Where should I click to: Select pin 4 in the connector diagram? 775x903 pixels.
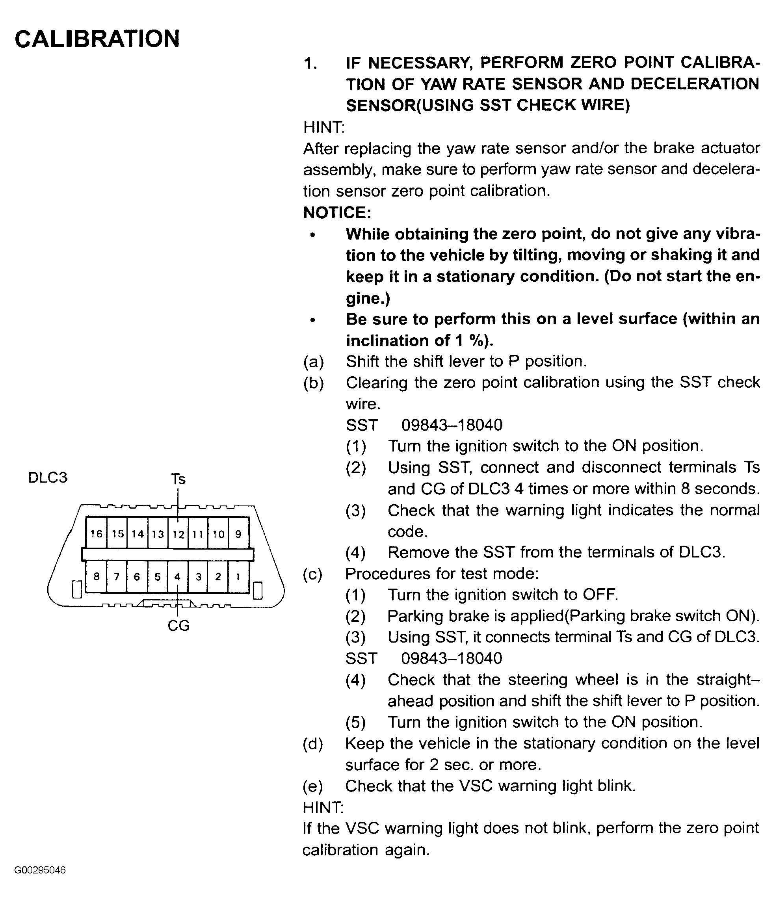[177, 576]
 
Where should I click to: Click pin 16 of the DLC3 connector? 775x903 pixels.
[96, 534]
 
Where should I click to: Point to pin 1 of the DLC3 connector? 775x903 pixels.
[238, 576]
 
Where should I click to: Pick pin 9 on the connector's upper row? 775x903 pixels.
[238, 534]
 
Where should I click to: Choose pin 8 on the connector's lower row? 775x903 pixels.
[96, 576]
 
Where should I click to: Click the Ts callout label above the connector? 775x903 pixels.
[178, 479]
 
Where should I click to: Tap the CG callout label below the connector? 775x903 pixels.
[178, 625]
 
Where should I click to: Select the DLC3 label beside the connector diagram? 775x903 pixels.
[48, 478]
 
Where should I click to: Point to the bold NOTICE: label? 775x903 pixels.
[337, 213]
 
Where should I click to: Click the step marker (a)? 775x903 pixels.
[313, 362]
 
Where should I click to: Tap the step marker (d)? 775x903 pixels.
[313, 744]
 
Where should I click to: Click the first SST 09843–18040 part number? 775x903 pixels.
[452, 425]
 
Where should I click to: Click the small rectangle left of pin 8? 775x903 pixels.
[77, 590]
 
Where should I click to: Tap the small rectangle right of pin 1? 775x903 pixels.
[258, 590]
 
